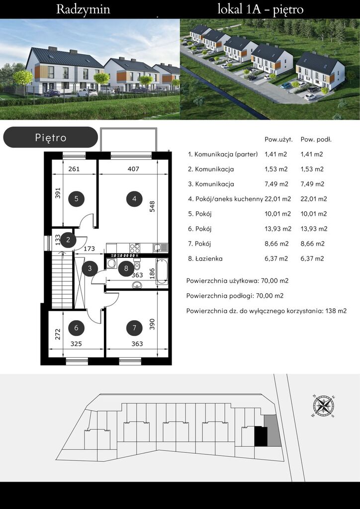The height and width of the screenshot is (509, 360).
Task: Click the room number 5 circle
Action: tap(76, 199)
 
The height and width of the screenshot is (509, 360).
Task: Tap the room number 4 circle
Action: tap(134, 199)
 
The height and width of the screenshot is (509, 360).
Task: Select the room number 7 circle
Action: tap(134, 328)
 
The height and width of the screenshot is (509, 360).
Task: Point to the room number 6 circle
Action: tap(76, 328)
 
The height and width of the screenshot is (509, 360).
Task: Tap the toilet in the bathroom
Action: tap(137, 265)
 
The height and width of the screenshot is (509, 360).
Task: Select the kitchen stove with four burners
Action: tap(135, 248)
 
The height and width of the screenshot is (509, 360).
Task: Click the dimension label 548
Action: tap(152, 206)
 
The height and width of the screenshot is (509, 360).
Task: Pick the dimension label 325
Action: tap(76, 344)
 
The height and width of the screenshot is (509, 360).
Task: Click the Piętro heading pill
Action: tap(51, 137)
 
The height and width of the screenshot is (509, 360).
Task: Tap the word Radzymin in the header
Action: tap(83, 9)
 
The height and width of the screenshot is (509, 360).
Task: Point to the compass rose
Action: tap(324, 406)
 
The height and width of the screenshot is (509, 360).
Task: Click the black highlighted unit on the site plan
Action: tap(261, 436)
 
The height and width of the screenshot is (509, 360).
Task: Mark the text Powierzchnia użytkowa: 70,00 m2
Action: tap(238, 281)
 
